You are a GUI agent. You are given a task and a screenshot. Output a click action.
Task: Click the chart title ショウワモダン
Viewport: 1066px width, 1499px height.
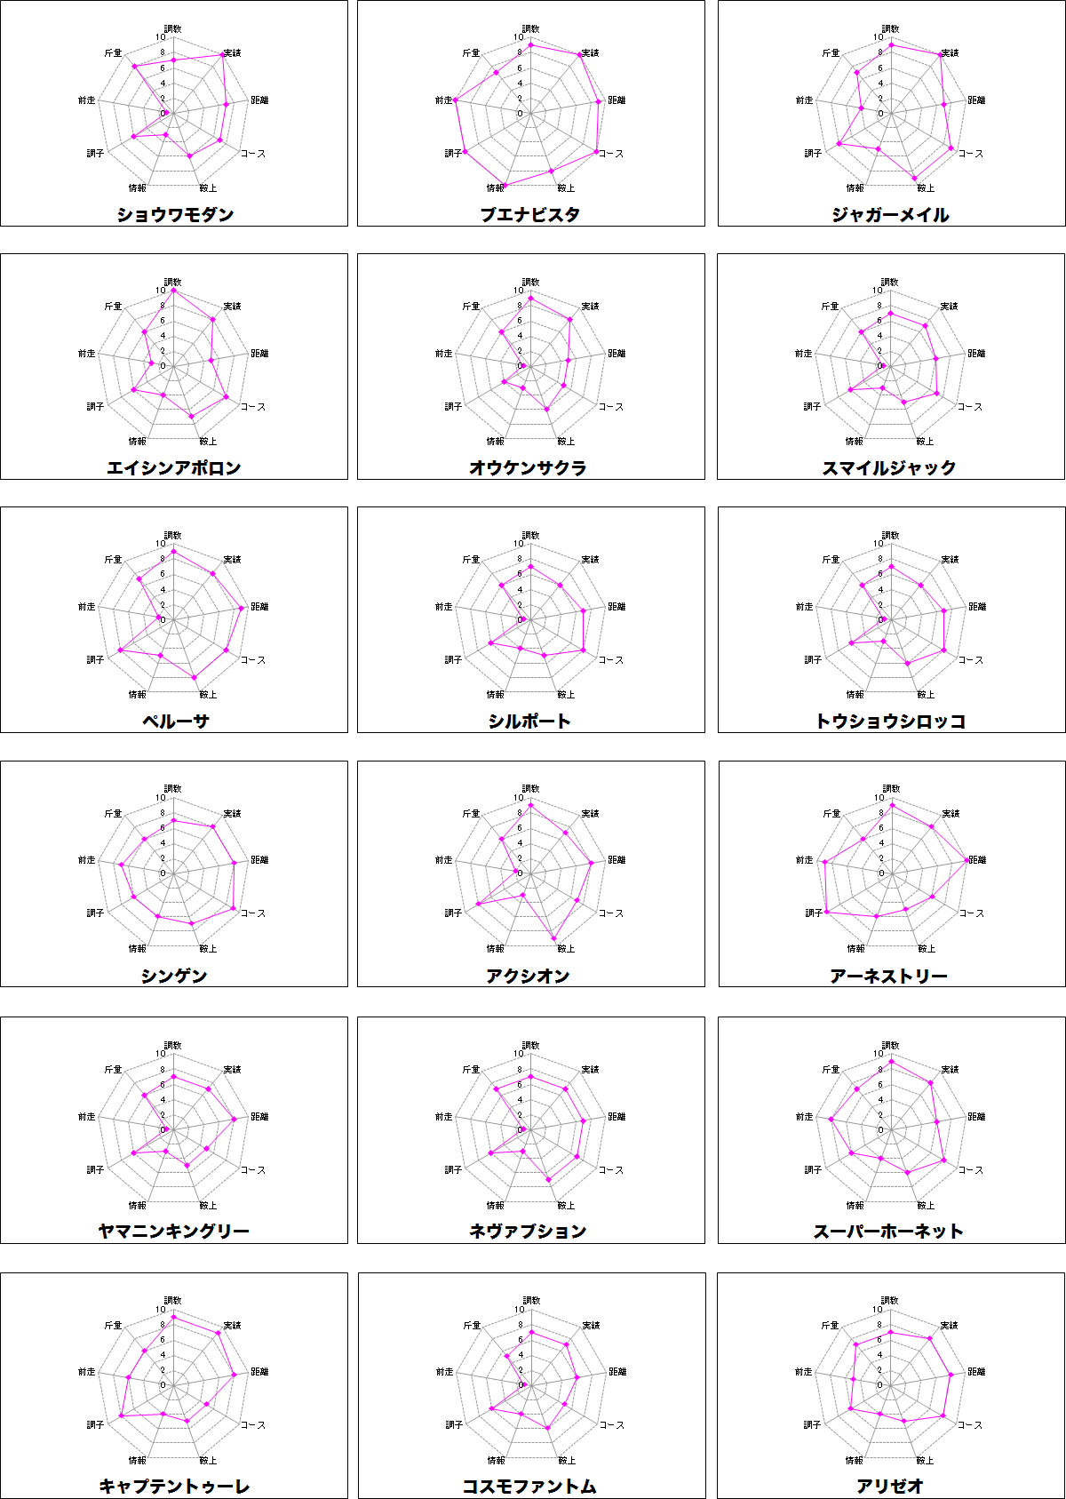[x=175, y=214]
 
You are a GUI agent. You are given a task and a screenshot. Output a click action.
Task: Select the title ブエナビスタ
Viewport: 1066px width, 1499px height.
[x=530, y=214]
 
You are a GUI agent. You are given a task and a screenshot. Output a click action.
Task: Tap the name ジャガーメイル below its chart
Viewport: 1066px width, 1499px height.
[x=890, y=214]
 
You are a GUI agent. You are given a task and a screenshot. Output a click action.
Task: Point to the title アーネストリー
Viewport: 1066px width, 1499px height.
[x=889, y=976]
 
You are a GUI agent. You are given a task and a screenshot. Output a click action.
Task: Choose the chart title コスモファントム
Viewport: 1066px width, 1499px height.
[x=529, y=1486]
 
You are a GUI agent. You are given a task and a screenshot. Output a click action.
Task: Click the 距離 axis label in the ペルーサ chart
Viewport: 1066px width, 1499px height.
[x=259, y=607]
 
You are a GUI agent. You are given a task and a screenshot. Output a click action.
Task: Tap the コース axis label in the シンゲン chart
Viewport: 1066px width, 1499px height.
[x=253, y=913]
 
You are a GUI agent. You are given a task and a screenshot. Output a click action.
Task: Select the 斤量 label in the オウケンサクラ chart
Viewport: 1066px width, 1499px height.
[x=471, y=307]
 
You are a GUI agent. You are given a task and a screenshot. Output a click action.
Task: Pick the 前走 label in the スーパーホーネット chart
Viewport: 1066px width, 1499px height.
[x=804, y=1117]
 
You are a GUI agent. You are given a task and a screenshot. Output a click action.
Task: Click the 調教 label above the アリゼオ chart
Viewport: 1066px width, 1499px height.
[x=889, y=1301]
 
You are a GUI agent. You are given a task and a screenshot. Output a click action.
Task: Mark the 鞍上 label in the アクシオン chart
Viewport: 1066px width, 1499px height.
[x=566, y=949]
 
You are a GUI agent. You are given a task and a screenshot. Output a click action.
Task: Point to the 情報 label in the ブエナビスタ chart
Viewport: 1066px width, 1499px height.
[x=495, y=188]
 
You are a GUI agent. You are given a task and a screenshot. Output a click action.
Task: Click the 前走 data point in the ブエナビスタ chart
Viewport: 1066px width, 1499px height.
[x=455, y=100]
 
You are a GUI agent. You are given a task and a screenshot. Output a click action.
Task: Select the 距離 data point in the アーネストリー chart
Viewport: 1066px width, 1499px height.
[x=967, y=860]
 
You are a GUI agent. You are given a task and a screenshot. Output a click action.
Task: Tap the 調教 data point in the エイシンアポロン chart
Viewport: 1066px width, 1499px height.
[x=173, y=291]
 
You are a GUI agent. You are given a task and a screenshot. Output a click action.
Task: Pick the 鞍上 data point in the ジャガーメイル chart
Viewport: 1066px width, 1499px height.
[x=914, y=179]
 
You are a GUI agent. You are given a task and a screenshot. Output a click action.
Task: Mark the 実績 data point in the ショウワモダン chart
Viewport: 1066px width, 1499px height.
[x=222, y=55]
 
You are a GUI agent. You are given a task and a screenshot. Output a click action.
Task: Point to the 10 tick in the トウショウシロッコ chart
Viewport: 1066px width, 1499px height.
[x=879, y=544]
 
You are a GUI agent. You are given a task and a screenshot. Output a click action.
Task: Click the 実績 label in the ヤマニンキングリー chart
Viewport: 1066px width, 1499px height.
[x=232, y=1070]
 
